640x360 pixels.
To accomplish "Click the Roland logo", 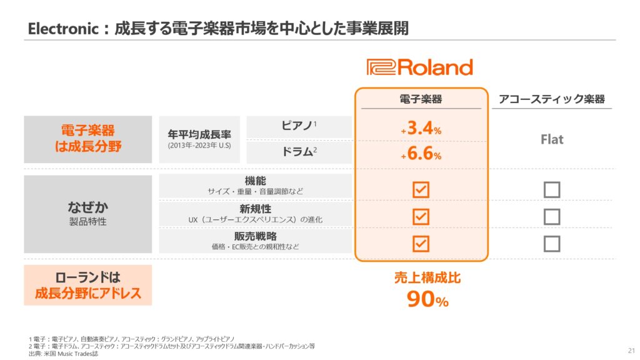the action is [419, 67].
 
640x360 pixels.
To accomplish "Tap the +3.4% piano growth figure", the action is [421, 128].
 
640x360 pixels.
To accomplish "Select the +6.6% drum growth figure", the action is [421, 154].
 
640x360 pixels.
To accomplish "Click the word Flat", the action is [552, 139].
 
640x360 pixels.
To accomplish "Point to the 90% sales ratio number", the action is [427, 299].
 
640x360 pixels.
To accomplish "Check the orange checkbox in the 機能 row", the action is [421, 190].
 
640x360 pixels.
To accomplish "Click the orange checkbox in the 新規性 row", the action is [421, 217].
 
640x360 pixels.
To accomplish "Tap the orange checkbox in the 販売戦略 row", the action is [421, 244].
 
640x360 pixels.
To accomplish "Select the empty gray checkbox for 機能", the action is [552, 190].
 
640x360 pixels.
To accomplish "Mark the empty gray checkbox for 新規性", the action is [552, 217].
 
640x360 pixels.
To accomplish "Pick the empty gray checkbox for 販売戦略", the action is [552, 244].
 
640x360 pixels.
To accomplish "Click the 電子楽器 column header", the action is [421, 99].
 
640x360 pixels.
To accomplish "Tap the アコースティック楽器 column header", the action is [552, 99].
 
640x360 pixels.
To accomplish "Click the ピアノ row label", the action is [299, 125].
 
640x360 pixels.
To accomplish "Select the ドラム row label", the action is [299, 152].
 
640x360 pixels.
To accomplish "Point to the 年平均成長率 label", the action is [199, 134].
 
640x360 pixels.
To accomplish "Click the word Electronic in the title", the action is [63, 29].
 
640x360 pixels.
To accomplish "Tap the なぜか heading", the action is [87, 207].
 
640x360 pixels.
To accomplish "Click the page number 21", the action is [631, 351].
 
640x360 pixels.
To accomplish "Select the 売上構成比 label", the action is [427, 278].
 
